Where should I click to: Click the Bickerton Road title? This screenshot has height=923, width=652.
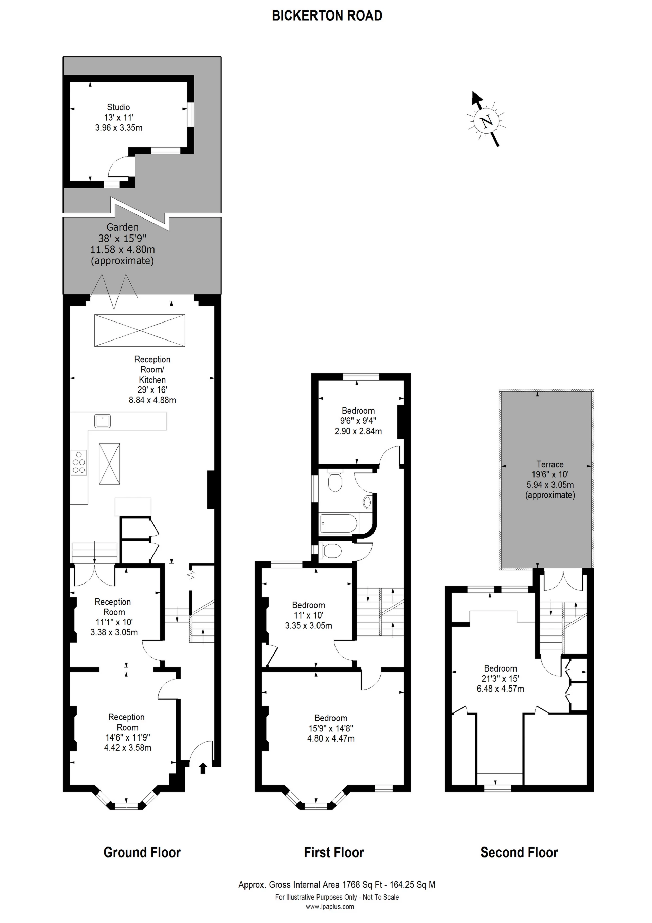pyautogui.click(x=327, y=16)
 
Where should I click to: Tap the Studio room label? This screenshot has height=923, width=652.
pyautogui.click(x=118, y=107)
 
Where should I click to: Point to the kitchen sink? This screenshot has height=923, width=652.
pyautogui.click(x=103, y=421)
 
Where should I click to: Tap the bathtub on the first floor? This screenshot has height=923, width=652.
pyautogui.click(x=338, y=523)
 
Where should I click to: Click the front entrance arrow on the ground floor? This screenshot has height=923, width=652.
pyautogui.click(x=203, y=768)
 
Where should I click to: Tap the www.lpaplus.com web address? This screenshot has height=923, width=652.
pyautogui.click(x=329, y=907)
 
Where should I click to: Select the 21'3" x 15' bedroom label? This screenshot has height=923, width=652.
pyautogui.click(x=500, y=679)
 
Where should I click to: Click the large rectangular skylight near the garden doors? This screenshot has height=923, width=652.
pyautogui.click(x=140, y=330)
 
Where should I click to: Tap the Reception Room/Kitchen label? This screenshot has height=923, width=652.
pyautogui.click(x=152, y=369)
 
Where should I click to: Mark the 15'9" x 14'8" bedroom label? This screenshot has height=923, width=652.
pyautogui.click(x=331, y=728)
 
